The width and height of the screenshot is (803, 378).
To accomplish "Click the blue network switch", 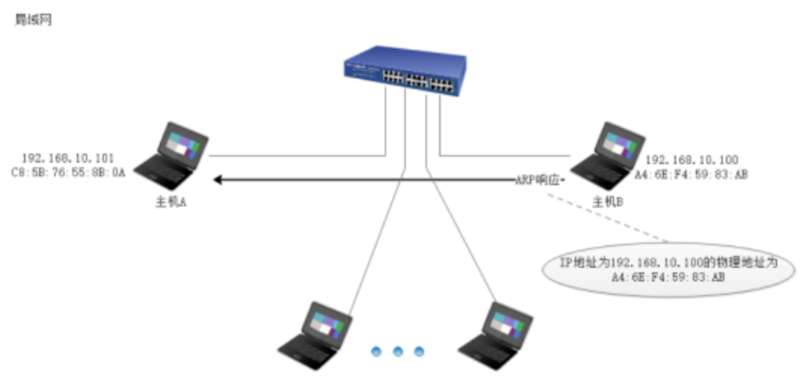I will pyautogui.click(x=405, y=70).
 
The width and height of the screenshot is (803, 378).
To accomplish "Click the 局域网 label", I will pyautogui.click(x=33, y=21).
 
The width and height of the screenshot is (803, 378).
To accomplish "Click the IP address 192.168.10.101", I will pyautogui.click(x=68, y=158).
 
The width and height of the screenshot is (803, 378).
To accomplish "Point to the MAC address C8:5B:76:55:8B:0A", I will pyautogui.click(x=68, y=173).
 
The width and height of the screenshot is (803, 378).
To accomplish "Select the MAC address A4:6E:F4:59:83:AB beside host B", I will pyautogui.click(x=691, y=175).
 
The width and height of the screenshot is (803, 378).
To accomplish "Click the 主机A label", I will pyautogui.click(x=171, y=202).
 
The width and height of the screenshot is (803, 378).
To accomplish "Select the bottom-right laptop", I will pyautogui.click(x=496, y=336).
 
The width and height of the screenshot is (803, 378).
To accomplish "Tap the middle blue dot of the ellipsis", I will pyautogui.click(x=397, y=351).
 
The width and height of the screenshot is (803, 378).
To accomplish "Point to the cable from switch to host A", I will pyautogui.click(x=296, y=155).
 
